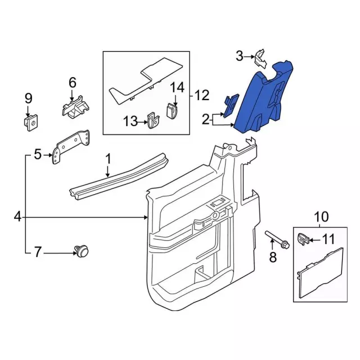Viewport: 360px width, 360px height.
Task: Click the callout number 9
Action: (29, 98)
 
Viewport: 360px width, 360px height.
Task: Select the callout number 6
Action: (73, 83)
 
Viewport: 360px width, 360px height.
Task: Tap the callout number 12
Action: (202, 95)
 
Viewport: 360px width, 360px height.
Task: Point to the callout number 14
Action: (177, 88)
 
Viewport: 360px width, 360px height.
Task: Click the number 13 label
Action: (130, 121)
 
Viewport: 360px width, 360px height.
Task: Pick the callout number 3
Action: (240, 56)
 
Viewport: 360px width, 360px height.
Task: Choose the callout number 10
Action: (321, 217)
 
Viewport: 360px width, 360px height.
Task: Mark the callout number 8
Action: (273, 257)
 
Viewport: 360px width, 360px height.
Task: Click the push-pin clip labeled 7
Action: (82, 251)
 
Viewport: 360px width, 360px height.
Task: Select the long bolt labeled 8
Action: (277, 239)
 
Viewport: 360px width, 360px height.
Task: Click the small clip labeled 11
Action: (303, 238)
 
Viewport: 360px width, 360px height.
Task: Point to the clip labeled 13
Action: (154, 120)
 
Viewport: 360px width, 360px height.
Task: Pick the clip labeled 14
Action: (172, 111)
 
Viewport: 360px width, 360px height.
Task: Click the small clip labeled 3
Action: (260, 58)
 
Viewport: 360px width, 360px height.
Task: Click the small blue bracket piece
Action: (231, 105)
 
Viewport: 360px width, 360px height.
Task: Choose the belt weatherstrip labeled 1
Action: (119, 176)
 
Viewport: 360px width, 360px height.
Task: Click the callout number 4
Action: (17, 217)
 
